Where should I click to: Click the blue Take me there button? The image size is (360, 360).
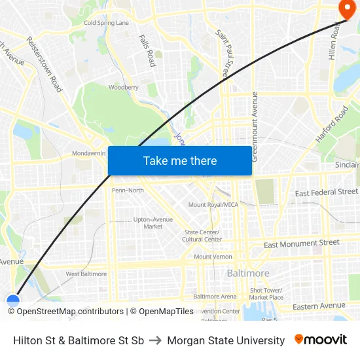(180, 161)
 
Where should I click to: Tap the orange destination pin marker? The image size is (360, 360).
(345, 9)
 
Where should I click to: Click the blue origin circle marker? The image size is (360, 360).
(13, 301)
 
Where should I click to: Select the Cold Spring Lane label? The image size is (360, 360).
(106, 23)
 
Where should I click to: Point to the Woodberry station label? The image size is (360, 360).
(123, 87)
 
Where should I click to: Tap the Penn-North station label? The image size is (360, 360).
(128, 190)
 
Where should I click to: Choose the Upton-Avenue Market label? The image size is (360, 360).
(153, 223)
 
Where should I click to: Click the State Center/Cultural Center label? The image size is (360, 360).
(203, 236)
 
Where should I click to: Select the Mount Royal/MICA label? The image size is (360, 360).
(213, 205)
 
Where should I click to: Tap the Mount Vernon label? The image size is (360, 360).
(213, 257)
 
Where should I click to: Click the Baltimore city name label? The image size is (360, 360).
(248, 273)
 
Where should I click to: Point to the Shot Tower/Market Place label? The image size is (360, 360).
(266, 293)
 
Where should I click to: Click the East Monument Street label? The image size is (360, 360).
(301, 243)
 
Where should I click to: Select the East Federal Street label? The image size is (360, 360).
(326, 192)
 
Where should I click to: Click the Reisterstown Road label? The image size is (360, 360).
(45, 63)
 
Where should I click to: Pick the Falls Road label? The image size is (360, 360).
(147, 50)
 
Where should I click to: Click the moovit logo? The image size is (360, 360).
(320, 340)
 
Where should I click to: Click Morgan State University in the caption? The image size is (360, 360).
(226, 340)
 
